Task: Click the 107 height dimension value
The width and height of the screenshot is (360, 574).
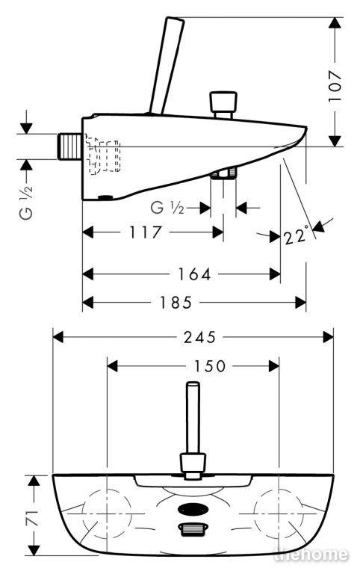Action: point(335,87)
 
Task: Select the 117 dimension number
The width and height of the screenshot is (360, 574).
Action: point(145,232)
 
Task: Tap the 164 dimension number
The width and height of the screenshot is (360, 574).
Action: point(194,274)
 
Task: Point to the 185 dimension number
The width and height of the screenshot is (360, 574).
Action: point(176,303)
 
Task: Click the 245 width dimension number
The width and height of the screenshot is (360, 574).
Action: point(199,337)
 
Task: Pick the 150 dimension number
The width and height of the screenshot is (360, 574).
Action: point(210,365)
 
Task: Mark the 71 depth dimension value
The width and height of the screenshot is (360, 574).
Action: point(34,519)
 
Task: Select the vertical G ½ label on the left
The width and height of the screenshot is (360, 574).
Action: point(26,202)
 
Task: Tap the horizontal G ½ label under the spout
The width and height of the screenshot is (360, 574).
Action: point(167,208)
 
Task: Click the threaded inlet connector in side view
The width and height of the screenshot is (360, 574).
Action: point(70,146)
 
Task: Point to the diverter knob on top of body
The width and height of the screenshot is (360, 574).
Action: point(223,105)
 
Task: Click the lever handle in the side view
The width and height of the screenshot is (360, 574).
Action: point(167,65)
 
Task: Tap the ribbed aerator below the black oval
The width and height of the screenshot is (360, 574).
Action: point(193,529)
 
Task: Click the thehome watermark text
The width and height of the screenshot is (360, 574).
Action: point(311,555)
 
